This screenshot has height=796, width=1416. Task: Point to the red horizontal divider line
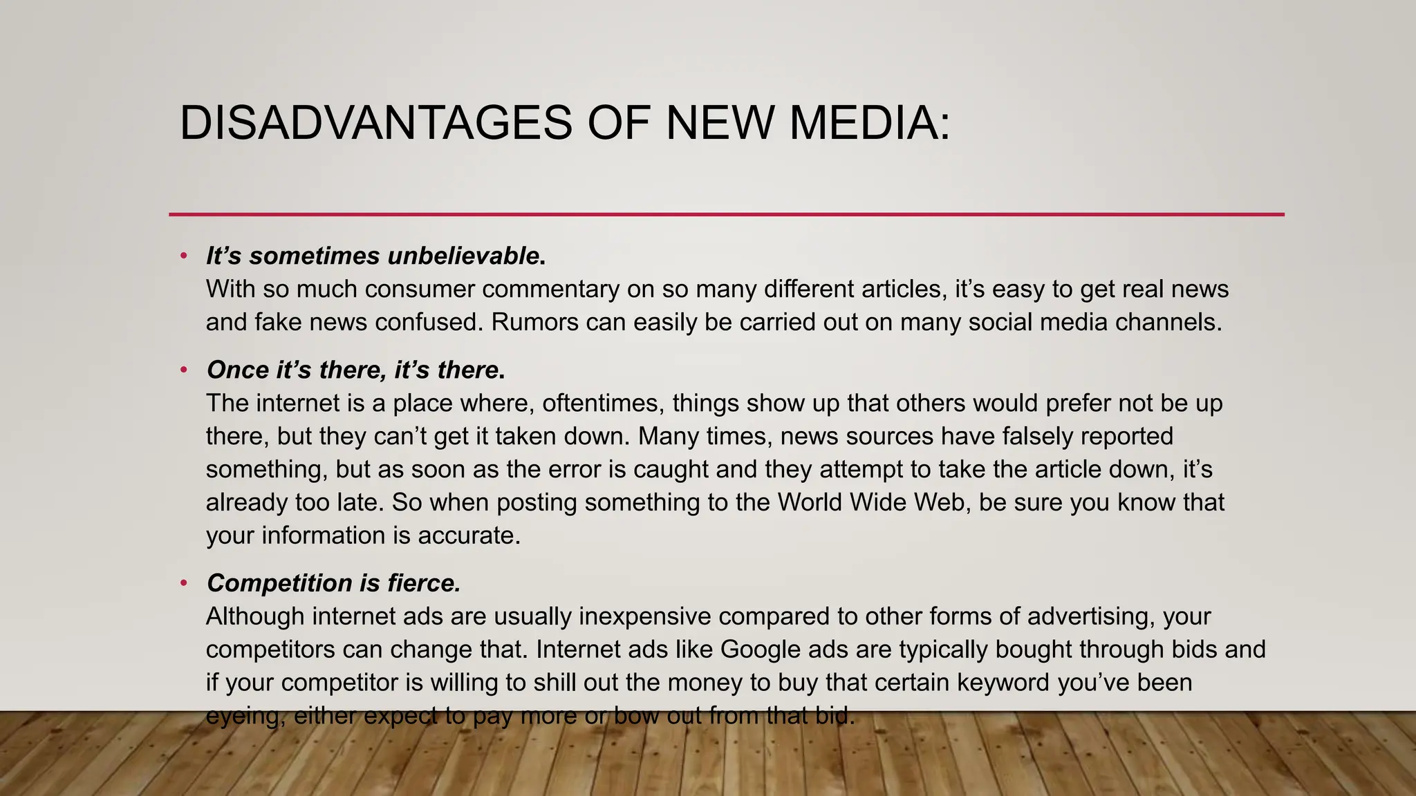click(726, 215)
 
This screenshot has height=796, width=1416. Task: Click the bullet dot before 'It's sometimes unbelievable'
click(183, 256)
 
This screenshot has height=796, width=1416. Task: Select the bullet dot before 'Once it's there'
click(183, 370)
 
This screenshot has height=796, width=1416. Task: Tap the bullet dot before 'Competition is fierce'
click(183, 583)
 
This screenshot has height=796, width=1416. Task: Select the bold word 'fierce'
click(423, 583)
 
